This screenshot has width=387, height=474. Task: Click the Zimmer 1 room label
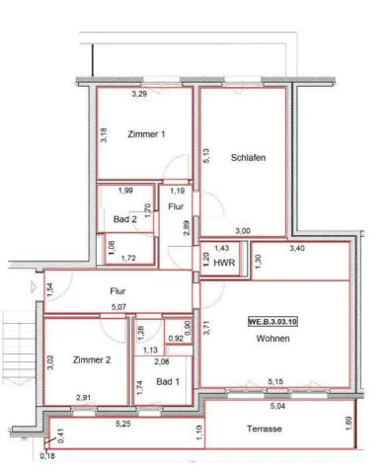point(146,134)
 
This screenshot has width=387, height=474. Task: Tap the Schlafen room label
point(248,158)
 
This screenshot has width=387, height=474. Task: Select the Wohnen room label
point(272,339)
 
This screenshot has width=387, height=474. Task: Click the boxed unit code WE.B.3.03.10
point(272,322)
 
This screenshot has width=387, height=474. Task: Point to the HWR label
point(224,263)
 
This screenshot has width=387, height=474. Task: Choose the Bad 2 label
point(125,219)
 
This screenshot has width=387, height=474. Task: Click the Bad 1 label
point(168,382)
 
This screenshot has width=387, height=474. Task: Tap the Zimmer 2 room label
point(92,360)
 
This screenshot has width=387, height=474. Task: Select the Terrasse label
point(265,429)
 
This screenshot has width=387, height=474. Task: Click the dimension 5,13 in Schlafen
point(206,156)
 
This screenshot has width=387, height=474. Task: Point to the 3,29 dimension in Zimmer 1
point(139,94)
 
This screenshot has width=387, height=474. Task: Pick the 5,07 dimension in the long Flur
point(118,307)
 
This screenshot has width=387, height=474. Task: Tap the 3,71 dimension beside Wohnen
point(206,328)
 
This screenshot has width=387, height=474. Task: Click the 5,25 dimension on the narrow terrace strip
point(123,424)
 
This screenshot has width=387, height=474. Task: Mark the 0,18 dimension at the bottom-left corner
point(47,456)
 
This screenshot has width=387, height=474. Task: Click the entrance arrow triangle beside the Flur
point(34,287)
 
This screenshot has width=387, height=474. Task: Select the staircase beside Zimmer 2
point(19,348)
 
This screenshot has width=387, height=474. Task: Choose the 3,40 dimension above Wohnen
point(297,248)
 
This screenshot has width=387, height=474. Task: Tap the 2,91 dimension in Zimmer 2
point(83,398)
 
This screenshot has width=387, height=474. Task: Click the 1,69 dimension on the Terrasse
point(349,424)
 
